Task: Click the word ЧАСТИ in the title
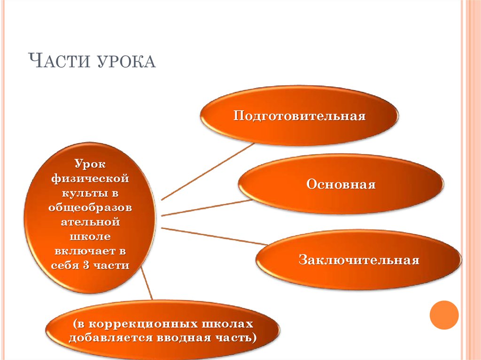coord(59,60)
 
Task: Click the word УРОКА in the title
coord(127,61)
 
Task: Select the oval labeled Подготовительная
coord(299,115)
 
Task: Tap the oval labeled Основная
coord(341,184)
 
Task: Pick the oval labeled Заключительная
coord(358,260)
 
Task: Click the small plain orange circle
coord(444,315)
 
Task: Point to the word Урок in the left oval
coord(90,164)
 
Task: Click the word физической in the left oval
coord(90,178)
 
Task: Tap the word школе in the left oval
coord(90,237)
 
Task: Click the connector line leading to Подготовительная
coord(208,171)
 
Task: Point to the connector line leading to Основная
coord(207,208)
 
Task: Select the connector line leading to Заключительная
coord(215,236)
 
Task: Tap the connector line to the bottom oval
coord(147,283)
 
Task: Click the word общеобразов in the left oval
coord(90,207)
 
